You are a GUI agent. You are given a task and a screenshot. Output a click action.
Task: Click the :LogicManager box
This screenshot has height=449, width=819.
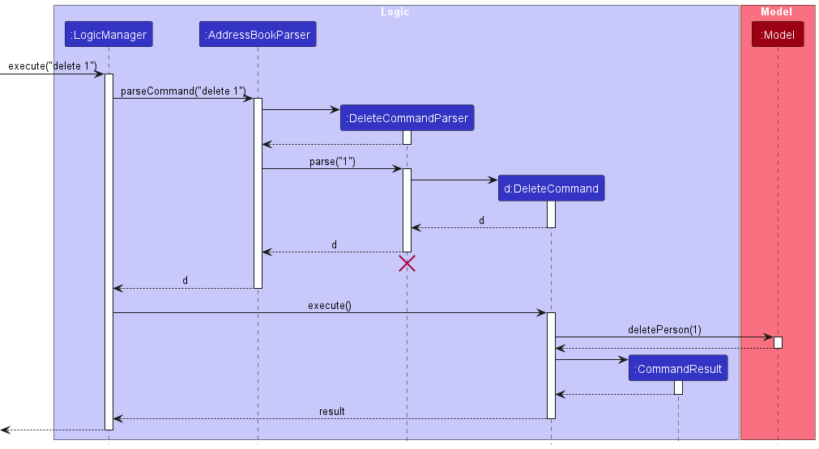[109, 35]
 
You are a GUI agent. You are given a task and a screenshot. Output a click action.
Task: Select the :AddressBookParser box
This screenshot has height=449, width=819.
[258, 35]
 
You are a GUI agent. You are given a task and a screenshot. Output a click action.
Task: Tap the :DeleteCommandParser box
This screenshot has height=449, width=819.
[407, 118]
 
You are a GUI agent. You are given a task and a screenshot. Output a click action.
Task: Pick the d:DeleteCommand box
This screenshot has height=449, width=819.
[551, 188]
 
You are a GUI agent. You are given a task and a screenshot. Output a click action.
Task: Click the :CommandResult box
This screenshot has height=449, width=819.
[678, 369]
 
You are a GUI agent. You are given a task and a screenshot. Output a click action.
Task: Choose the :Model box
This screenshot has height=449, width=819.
[778, 35]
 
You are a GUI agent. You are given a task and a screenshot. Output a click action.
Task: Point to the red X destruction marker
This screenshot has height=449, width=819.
[407, 263]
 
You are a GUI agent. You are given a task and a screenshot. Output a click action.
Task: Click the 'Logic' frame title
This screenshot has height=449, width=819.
[395, 12]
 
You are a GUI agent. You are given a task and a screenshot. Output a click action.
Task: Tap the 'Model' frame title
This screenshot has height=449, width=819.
[776, 12]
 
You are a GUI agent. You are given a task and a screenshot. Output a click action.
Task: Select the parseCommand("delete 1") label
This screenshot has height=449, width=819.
[183, 91]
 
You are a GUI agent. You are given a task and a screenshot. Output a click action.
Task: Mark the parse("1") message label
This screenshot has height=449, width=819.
[332, 162]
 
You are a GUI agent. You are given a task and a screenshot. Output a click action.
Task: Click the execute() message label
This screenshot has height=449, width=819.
[329, 305]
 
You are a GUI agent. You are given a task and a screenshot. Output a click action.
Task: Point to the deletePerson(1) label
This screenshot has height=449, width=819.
[664, 329]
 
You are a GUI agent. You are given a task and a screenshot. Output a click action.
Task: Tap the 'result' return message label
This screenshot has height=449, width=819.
[331, 411]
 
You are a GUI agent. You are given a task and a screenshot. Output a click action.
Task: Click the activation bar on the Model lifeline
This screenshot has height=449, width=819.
[778, 342]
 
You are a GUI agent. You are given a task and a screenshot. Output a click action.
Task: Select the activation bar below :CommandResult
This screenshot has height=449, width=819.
[678, 388]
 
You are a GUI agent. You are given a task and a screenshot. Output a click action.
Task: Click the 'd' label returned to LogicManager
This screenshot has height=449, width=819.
[185, 280]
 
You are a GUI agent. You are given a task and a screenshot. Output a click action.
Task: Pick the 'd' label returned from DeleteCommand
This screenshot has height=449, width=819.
[481, 220]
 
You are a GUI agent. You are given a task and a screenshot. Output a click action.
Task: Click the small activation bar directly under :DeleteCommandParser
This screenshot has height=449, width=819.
[407, 138]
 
